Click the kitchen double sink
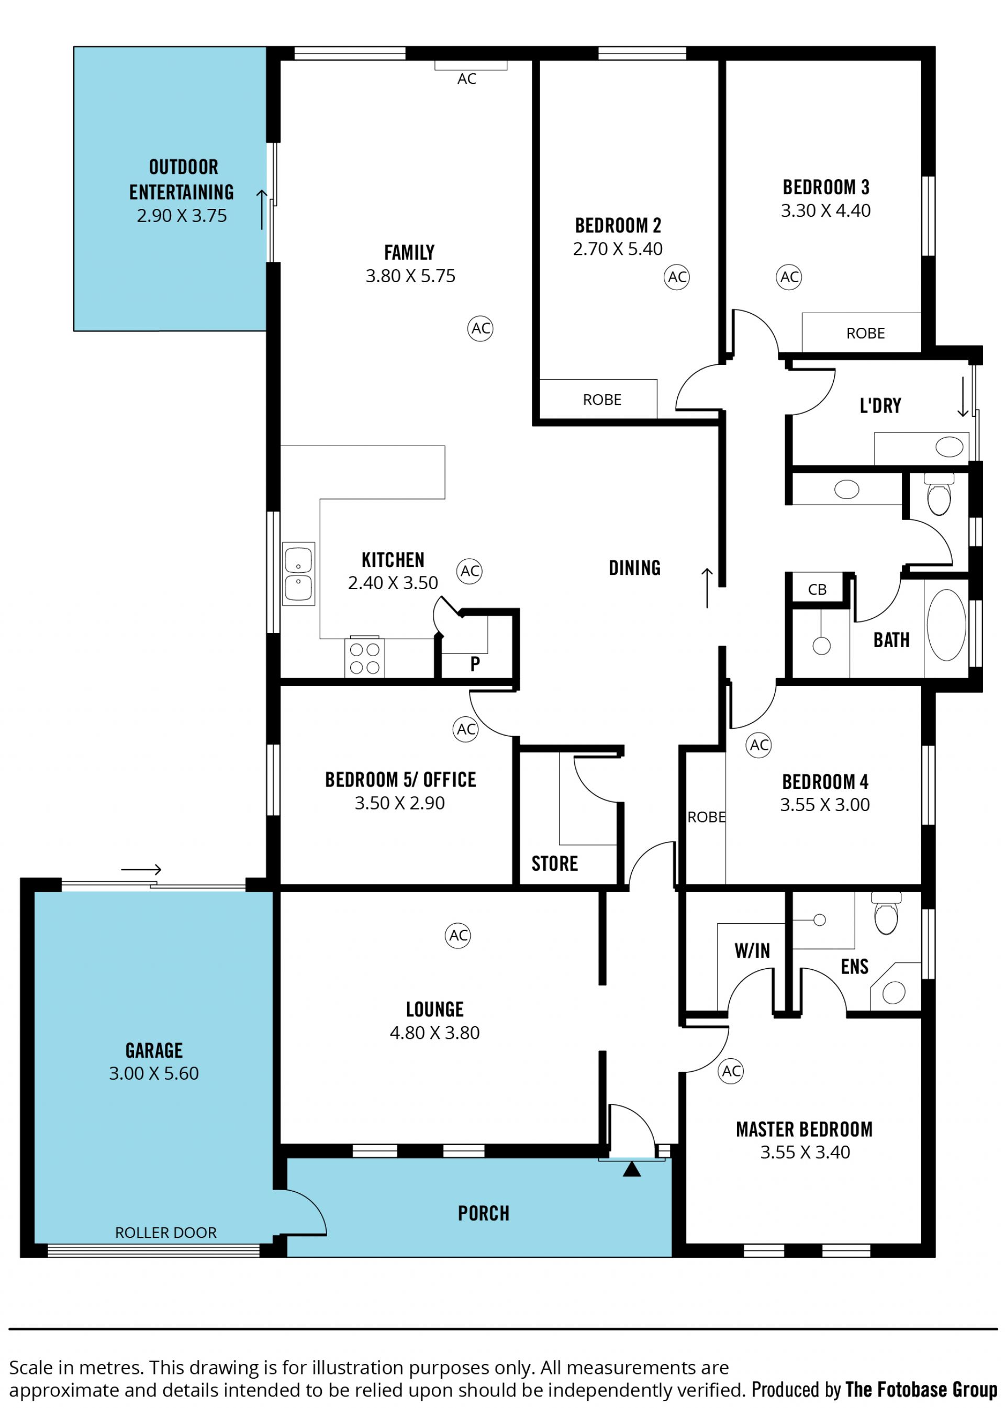(298, 573)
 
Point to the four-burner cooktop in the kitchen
(364, 657)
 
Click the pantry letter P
(475, 663)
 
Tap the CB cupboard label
(818, 589)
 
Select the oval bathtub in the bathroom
(947, 625)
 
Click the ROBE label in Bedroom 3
(865, 334)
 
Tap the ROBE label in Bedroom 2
(602, 400)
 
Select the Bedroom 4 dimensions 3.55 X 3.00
(825, 805)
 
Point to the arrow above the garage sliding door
(141, 870)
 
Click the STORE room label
(554, 863)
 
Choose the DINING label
(634, 568)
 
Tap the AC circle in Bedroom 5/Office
(466, 729)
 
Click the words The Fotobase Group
(921, 1390)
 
